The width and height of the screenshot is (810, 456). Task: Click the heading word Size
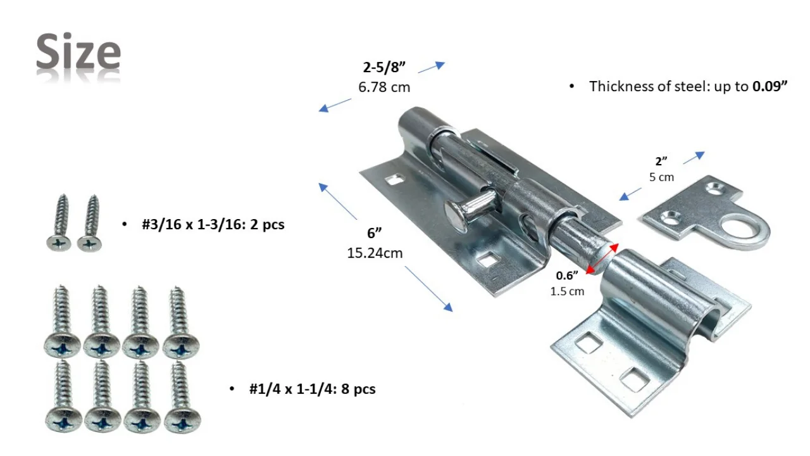(78, 53)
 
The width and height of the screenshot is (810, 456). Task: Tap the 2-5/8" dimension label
(383, 68)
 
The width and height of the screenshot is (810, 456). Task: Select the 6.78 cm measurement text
(383, 87)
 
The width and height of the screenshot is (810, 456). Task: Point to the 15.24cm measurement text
(375, 253)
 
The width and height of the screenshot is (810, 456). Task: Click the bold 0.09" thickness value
(769, 87)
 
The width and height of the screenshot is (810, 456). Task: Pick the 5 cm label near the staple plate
(661, 177)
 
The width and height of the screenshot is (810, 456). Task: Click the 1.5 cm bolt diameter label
(567, 291)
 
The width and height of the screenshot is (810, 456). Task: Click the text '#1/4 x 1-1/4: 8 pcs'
(312, 388)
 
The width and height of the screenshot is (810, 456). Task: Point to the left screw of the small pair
(61, 223)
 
